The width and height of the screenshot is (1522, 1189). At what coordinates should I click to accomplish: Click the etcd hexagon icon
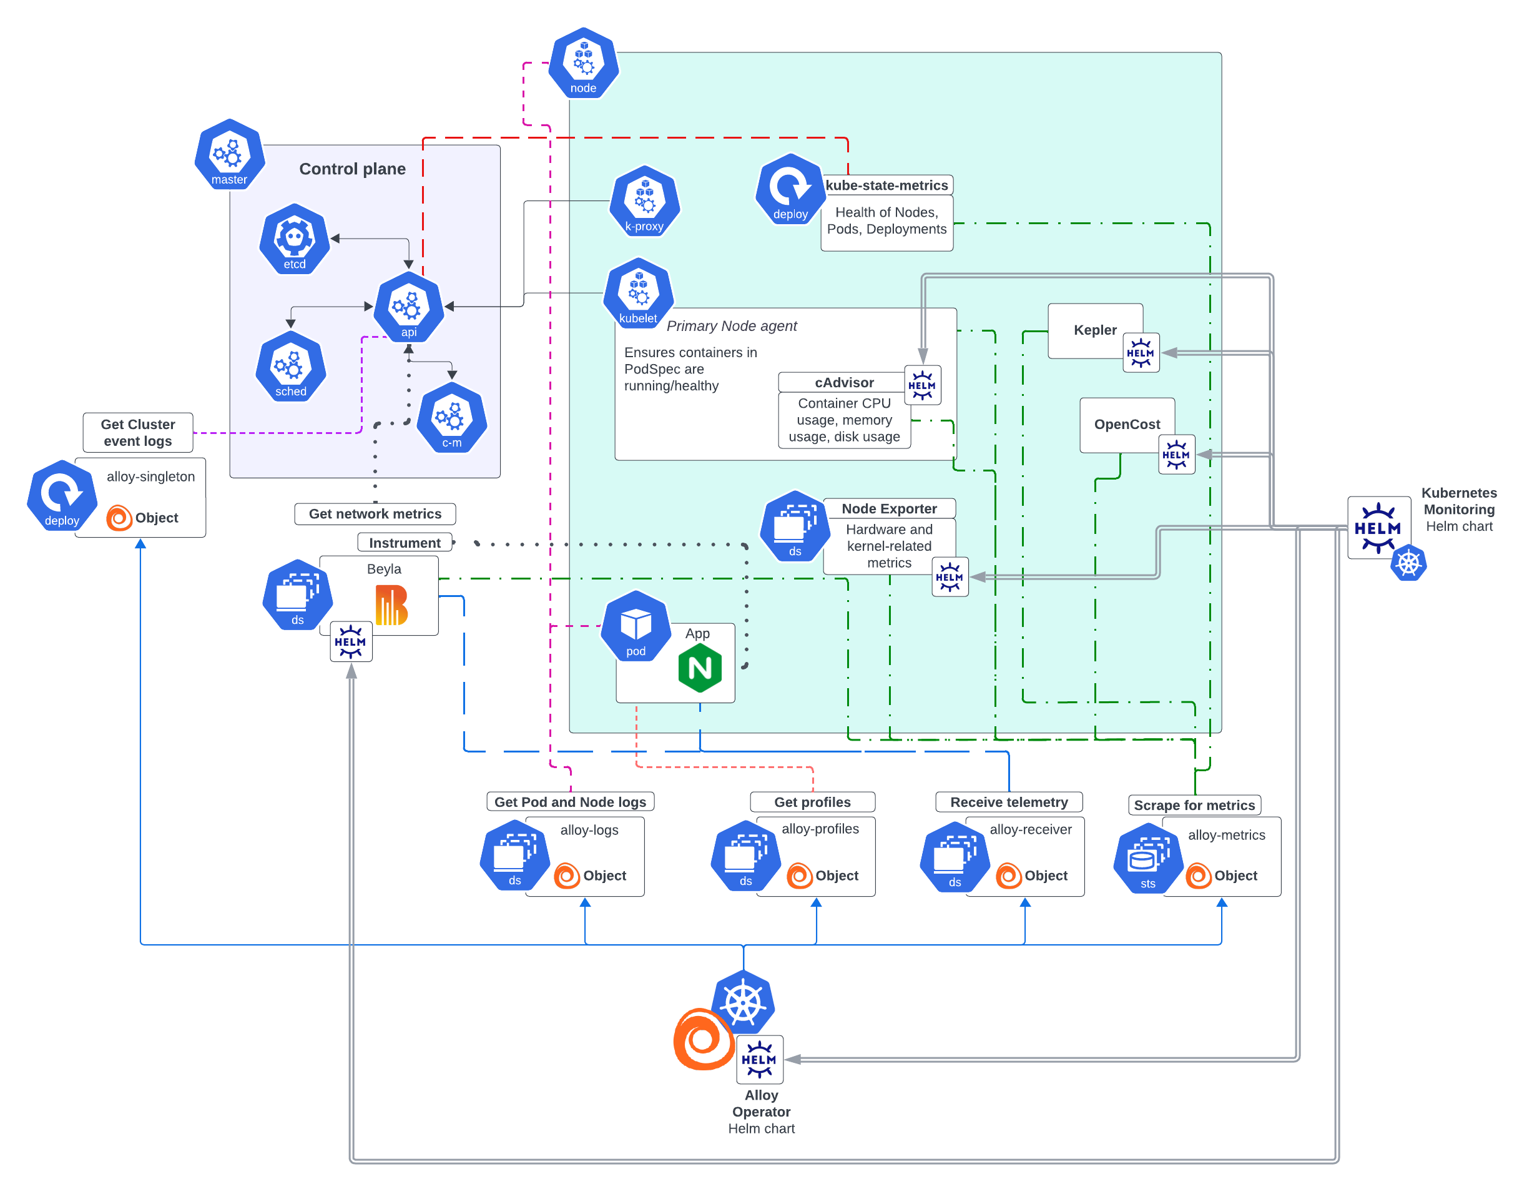tap(294, 239)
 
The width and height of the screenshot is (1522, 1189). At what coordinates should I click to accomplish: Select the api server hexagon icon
tap(408, 307)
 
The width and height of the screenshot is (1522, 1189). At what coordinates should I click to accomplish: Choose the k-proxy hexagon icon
tap(645, 200)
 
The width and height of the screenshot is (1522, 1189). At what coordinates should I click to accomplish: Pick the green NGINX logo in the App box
tap(700, 668)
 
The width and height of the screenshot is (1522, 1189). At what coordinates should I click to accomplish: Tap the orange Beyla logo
tap(391, 604)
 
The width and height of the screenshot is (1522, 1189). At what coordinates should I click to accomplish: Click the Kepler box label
tap(1095, 330)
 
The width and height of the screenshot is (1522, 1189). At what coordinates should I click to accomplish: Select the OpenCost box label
tap(1127, 425)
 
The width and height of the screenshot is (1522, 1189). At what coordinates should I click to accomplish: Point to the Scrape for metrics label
tap(1194, 805)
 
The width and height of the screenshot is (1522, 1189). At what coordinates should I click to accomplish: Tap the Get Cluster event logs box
tap(138, 433)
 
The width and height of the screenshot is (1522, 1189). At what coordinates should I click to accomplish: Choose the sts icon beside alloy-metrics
tap(1148, 859)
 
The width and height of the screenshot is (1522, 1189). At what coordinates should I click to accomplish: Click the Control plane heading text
tap(352, 169)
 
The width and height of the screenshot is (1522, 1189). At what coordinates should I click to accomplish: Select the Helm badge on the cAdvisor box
tap(922, 385)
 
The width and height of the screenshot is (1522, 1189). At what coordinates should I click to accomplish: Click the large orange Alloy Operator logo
tap(702, 1039)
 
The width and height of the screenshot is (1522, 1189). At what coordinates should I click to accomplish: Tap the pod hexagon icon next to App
tap(636, 626)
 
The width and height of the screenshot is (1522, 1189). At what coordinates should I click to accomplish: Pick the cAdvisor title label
tap(844, 383)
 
